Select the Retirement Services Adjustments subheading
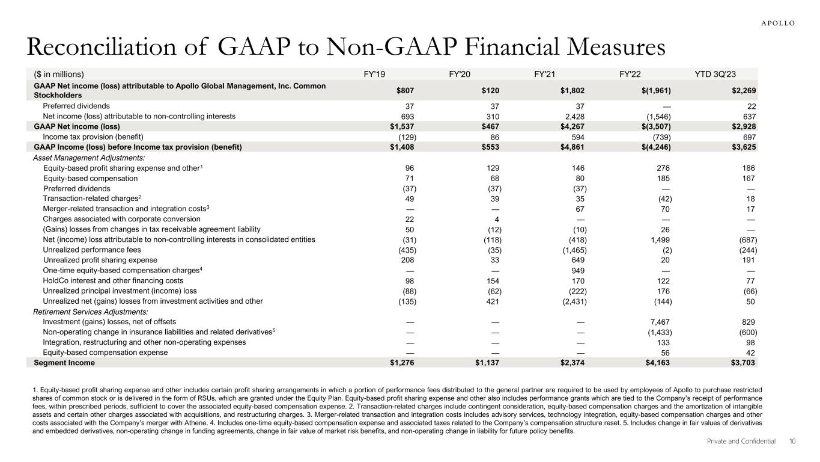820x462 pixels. pyautogui.click(x=90, y=312)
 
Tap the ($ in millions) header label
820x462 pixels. pyautogui.click(x=58, y=75)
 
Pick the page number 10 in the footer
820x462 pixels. pyautogui.click(x=792, y=442)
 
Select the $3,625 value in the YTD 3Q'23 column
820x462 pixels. pyautogui.click(x=743, y=147)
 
